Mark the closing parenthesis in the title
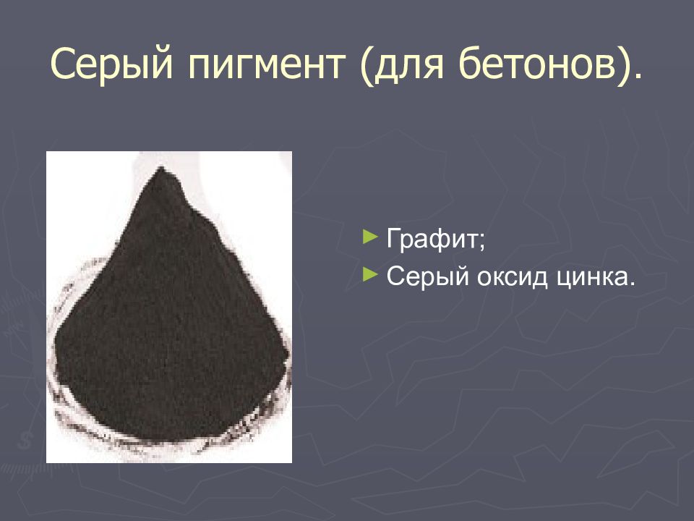point(625,67)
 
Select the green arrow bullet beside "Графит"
point(370,236)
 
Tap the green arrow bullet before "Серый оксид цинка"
point(370,275)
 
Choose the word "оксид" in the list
point(507,278)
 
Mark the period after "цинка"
point(632,285)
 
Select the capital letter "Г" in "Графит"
point(394,239)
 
